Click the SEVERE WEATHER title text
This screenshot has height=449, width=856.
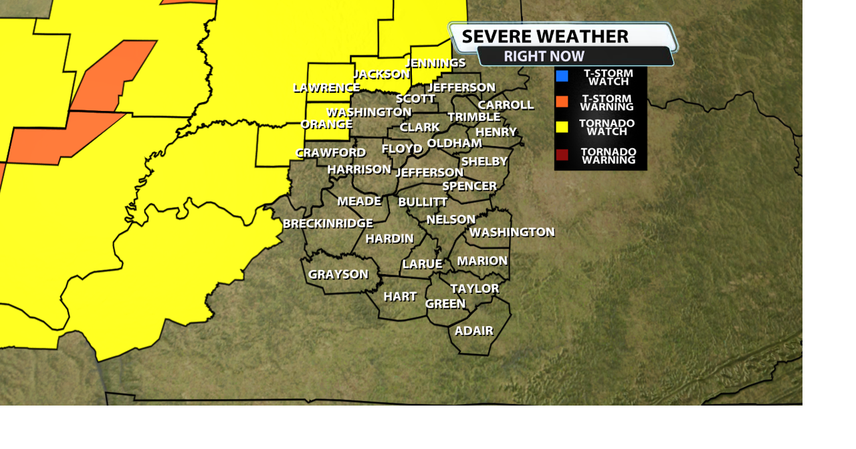point(544,36)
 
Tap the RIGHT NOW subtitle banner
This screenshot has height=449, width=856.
point(544,56)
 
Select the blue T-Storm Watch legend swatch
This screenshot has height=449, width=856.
point(562,76)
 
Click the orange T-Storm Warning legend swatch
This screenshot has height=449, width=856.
point(562,102)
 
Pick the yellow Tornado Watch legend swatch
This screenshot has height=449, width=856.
point(562,127)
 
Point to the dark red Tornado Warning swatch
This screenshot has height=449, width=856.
point(562,155)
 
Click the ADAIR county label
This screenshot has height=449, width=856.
point(473,331)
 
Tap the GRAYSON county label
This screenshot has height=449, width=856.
point(338,274)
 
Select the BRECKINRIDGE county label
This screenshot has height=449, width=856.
point(328,223)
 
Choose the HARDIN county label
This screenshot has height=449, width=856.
point(389,239)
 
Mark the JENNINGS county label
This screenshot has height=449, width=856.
point(435,63)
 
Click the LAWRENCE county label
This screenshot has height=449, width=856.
point(326,88)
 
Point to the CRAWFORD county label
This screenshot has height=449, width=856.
point(330,152)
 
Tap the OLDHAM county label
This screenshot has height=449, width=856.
point(454,143)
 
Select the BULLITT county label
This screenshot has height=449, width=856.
point(423,202)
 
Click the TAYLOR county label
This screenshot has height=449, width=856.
point(474,289)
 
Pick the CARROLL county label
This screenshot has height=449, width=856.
point(506,105)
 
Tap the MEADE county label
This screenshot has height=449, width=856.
point(359,201)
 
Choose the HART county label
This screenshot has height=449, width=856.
point(400,296)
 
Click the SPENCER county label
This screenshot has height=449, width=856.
point(469,186)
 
